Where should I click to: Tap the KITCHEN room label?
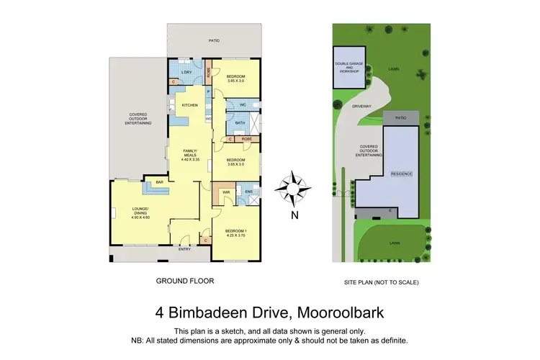point(189,106)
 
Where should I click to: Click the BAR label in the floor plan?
point(153,183)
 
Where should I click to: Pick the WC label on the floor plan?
point(243,105)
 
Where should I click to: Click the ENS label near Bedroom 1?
point(248,192)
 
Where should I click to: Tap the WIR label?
point(226,192)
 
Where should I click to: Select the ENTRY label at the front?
point(185,249)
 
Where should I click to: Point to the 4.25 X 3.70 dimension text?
point(235,235)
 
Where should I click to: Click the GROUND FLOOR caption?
point(185,281)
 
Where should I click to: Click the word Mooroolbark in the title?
point(343,313)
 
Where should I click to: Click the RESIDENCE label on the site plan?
point(400,174)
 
